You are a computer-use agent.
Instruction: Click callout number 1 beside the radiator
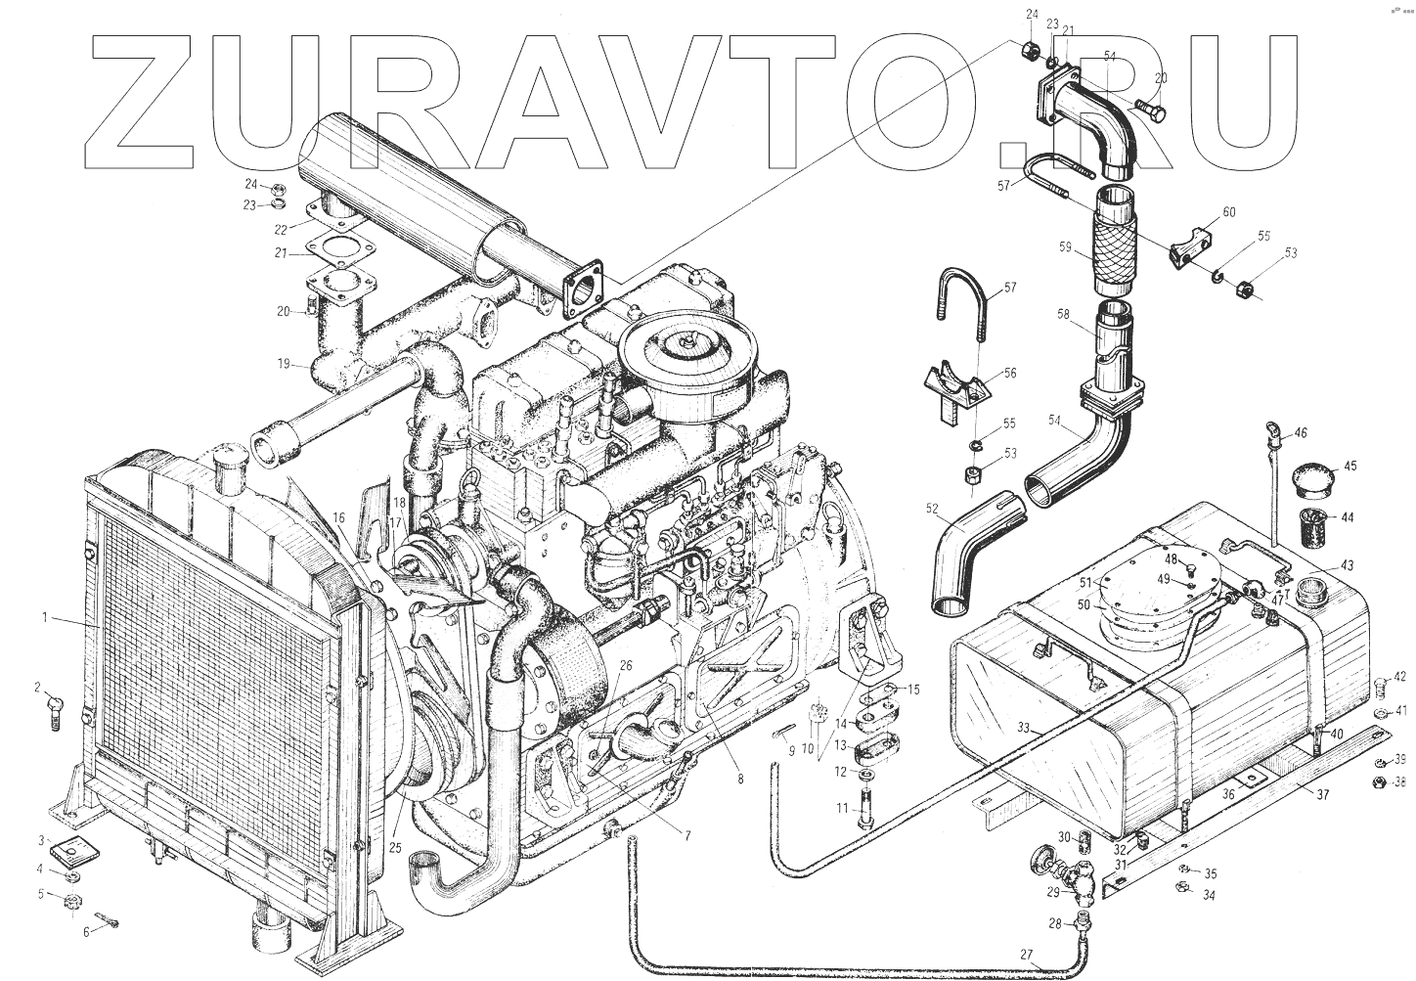pyautogui.click(x=44, y=617)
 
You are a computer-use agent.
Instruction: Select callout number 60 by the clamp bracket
pyautogui.click(x=1229, y=212)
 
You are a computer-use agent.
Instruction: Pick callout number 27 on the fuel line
pyautogui.click(x=1026, y=956)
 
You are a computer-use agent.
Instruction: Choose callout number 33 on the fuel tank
pyautogui.click(x=1023, y=726)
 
